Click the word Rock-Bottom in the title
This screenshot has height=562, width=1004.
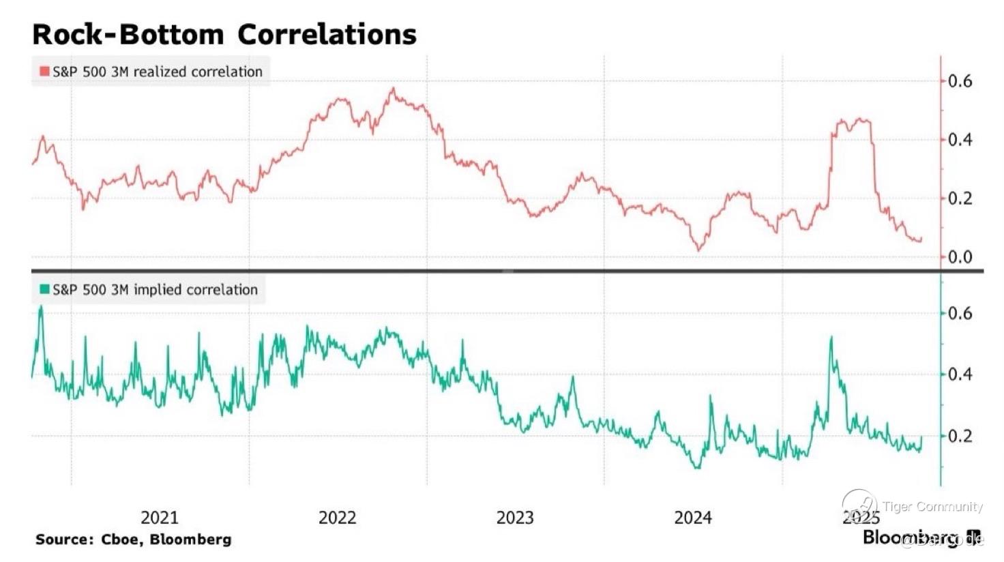(128, 34)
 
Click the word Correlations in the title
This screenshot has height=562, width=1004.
(327, 34)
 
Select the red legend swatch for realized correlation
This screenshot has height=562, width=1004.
(44, 72)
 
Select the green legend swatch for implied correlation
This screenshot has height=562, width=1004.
(44, 290)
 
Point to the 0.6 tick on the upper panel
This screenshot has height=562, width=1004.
(960, 81)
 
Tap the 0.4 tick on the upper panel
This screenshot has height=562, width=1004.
(960, 140)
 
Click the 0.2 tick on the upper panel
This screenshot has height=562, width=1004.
(960, 198)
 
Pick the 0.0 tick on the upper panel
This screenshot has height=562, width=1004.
(960, 257)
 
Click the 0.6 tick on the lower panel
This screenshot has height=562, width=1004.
(960, 314)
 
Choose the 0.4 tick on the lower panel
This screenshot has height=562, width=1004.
(960, 374)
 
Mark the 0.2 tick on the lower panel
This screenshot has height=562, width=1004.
(960, 436)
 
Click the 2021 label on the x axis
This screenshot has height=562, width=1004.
(159, 518)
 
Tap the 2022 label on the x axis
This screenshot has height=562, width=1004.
(337, 518)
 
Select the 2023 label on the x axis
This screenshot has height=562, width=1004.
(515, 518)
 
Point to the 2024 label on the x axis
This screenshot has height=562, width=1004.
(693, 518)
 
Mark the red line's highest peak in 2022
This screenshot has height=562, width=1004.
(393, 88)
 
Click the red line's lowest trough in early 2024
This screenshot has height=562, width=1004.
(698, 250)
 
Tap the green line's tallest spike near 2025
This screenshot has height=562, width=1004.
(831, 337)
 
